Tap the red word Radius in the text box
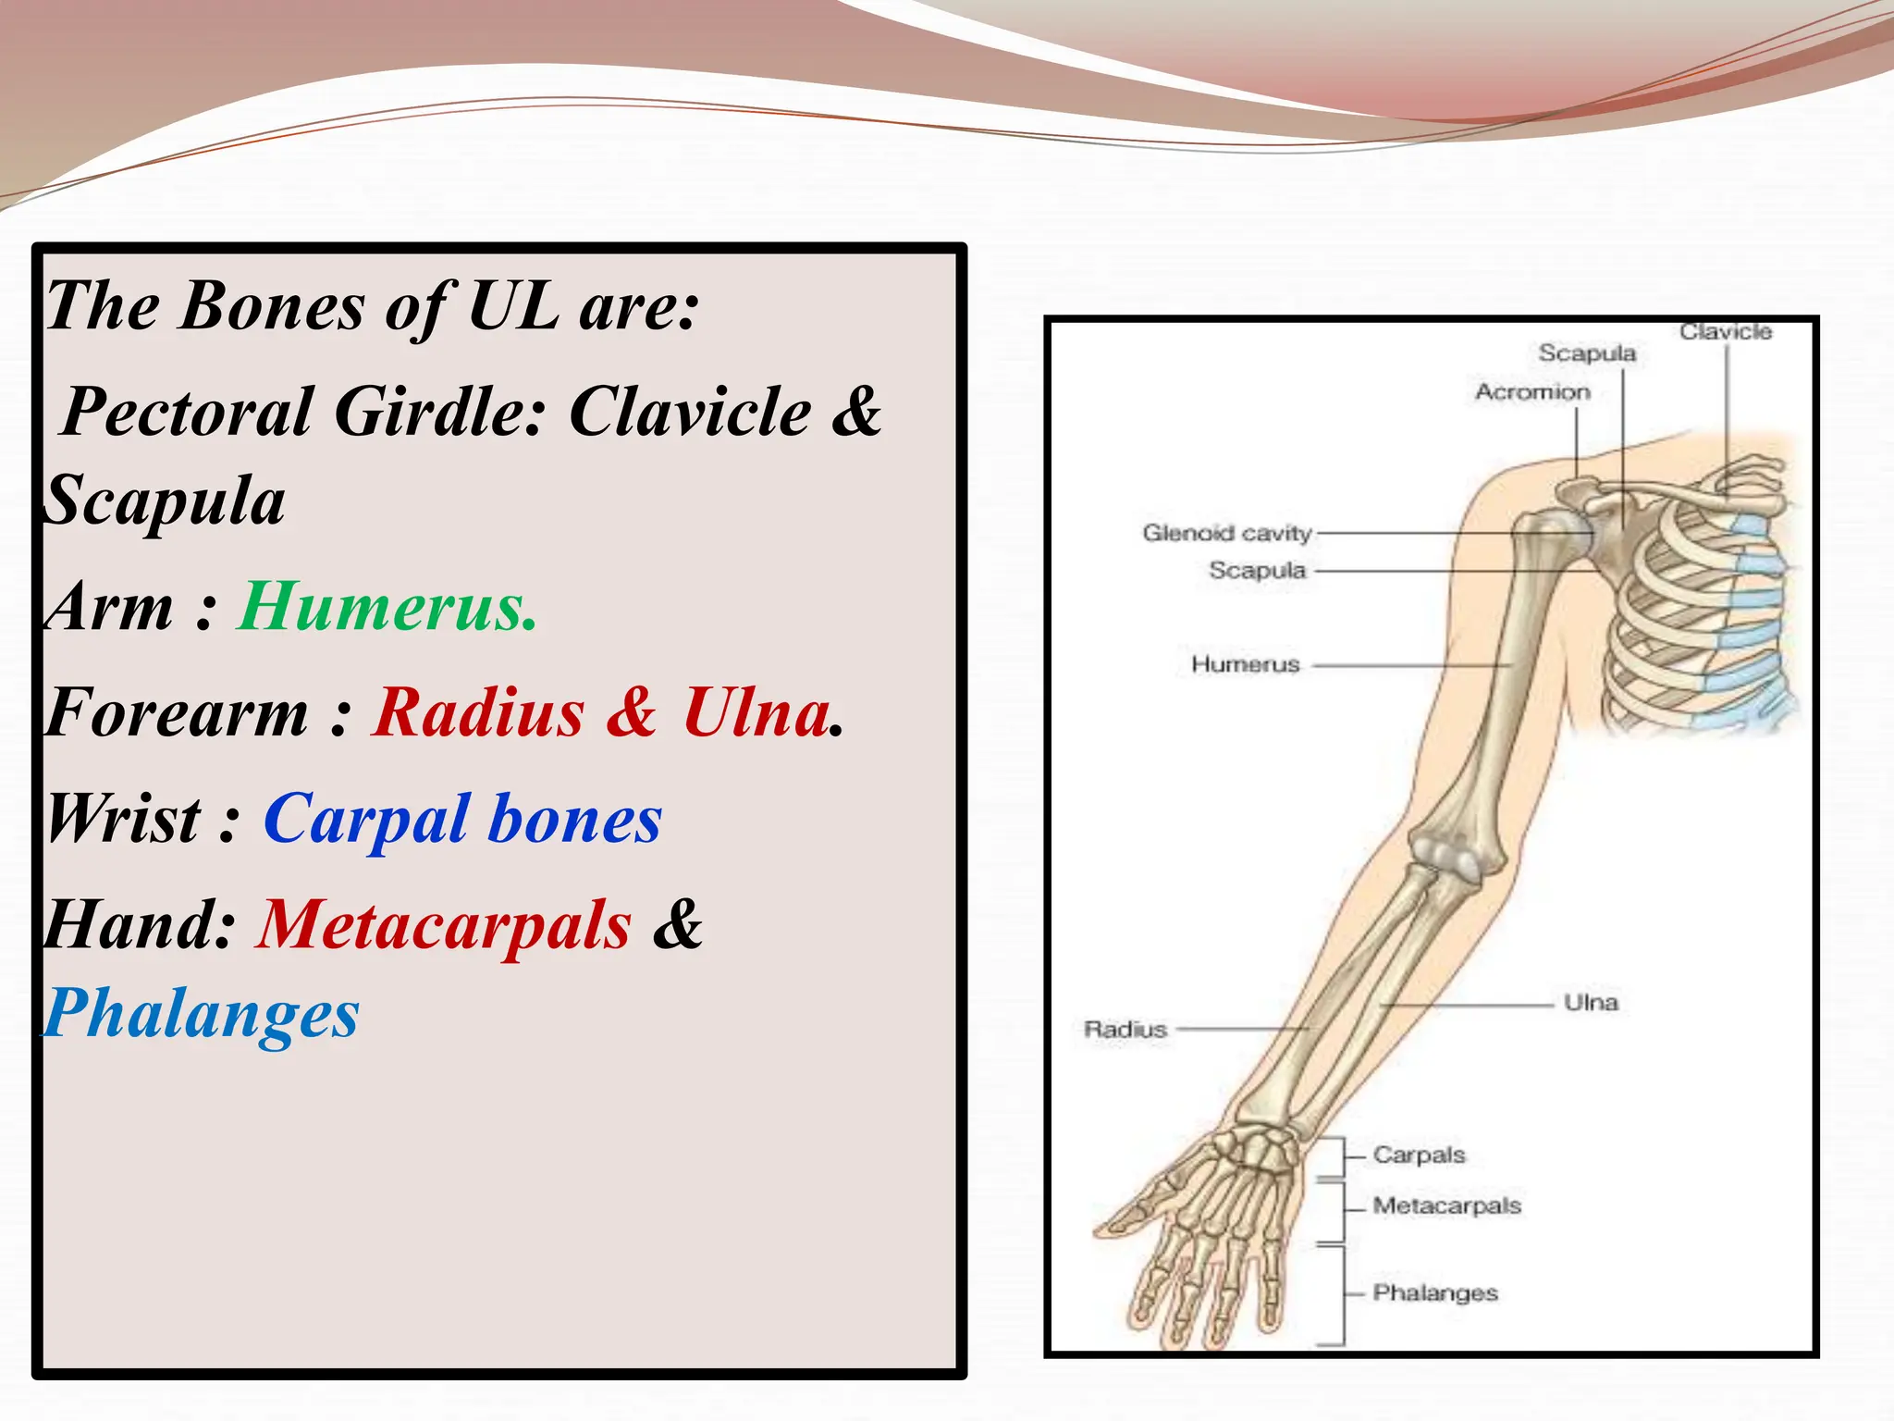pyautogui.click(x=478, y=713)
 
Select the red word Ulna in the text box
pyautogui.click(x=756, y=713)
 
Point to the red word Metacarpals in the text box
pyautogui.click(x=444, y=925)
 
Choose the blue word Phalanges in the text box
pyautogui.click(x=202, y=1014)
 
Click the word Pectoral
pyautogui.click(x=188, y=412)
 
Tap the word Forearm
pyautogui.click(x=177, y=713)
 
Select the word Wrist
pyautogui.click(x=123, y=820)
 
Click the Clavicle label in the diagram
pyautogui.click(x=1726, y=332)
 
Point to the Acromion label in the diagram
pyautogui.click(x=1532, y=392)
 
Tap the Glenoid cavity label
pyautogui.click(x=1226, y=533)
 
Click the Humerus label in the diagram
pyautogui.click(x=1245, y=664)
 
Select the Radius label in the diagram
pyautogui.click(x=1125, y=1029)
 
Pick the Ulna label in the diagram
pyautogui.click(x=1591, y=1003)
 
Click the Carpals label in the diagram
pyautogui.click(x=1419, y=1155)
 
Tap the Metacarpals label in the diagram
pyautogui.click(x=1446, y=1206)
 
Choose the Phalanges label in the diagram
pyautogui.click(x=1434, y=1292)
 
